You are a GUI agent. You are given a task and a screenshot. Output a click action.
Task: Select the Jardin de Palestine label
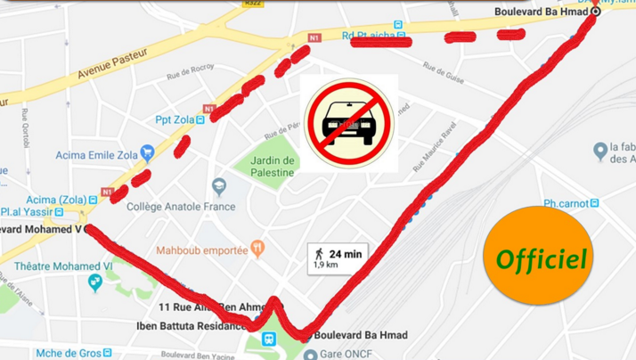point(273,166)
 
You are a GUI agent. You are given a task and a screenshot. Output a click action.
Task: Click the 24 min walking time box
point(338,258)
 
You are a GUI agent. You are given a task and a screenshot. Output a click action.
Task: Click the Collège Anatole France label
point(181,207)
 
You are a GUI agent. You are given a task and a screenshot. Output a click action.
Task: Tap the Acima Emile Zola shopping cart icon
point(148,154)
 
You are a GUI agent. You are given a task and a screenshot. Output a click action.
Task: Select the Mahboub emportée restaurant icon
point(257,247)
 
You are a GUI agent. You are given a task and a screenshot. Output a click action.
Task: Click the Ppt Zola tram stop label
point(175,119)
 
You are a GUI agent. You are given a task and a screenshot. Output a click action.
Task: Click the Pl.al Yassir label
point(25,212)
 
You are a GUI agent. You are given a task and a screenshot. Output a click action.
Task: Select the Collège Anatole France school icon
point(219,187)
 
